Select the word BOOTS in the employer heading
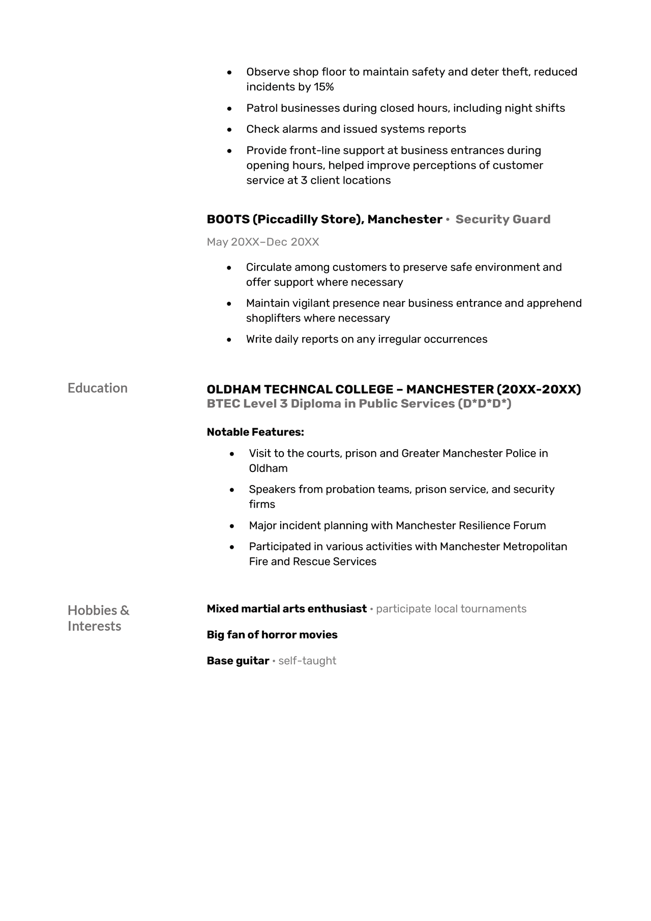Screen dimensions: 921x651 [x=228, y=219]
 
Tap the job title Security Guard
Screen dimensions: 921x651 [x=502, y=219]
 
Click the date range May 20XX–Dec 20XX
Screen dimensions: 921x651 [x=262, y=242]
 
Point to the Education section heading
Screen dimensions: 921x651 [x=98, y=388]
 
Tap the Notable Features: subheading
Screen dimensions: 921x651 [x=255, y=432]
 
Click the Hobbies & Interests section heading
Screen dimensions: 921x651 [x=98, y=617]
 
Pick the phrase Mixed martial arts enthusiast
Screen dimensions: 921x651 [x=286, y=609]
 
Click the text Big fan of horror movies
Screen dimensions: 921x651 [x=272, y=635]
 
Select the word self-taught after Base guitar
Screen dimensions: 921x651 [x=307, y=661]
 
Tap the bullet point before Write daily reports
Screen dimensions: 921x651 [x=229, y=339]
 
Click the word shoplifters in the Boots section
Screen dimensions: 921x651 [x=273, y=318]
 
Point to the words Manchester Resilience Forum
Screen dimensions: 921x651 [x=470, y=525]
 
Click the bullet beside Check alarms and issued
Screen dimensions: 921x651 [x=229, y=130]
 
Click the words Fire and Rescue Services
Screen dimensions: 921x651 [x=312, y=561]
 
